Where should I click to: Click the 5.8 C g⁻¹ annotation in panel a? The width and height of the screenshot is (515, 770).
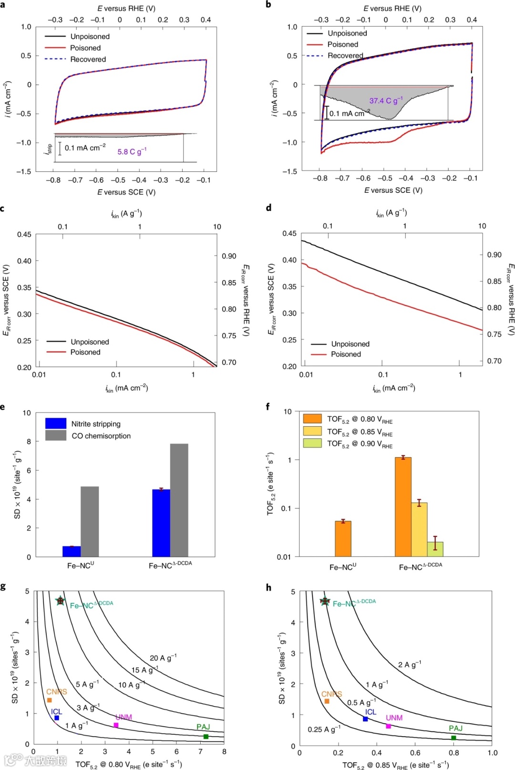point(132,151)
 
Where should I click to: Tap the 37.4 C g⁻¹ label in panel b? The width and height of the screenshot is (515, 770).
point(386,100)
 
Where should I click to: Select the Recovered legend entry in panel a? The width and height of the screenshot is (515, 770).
point(88,59)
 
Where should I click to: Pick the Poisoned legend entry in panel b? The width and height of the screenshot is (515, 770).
point(342,44)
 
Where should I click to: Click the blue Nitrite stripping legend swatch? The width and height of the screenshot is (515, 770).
point(56,423)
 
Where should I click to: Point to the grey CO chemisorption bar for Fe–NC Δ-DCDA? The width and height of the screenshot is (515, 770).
point(179,500)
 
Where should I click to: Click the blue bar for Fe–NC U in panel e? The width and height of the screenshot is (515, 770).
point(72,551)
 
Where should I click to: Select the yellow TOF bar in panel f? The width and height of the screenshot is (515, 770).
point(419,529)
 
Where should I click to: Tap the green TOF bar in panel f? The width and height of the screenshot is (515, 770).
point(435,549)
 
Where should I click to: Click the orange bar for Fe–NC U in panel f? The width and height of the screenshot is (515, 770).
point(343,538)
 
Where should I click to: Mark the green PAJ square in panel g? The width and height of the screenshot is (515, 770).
point(206,737)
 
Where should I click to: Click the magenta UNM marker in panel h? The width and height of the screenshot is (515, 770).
point(388,726)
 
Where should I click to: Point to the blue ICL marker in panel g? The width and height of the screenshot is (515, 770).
point(57,717)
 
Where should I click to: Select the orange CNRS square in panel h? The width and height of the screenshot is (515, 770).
point(327,701)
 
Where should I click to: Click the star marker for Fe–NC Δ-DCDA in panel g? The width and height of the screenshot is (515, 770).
point(60,601)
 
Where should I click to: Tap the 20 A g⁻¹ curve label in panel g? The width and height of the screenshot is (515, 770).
point(163,658)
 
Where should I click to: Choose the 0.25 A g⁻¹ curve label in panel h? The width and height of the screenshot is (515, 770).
point(324,729)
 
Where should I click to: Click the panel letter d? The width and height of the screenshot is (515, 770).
point(269,208)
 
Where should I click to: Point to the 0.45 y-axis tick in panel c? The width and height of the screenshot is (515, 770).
point(24,234)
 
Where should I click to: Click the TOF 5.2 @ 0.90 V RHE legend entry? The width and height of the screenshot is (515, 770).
point(360,444)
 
